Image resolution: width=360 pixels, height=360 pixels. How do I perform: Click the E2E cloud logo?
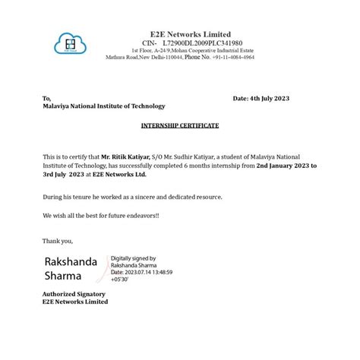click(x=69, y=43)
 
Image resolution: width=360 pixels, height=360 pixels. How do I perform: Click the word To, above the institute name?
click(x=47, y=99)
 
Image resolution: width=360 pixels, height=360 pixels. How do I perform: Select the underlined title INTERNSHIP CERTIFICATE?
click(x=180, y=125)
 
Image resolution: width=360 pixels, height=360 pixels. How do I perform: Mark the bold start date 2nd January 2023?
click(x=283, y=165)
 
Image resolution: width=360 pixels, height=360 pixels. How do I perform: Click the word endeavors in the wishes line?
click(x=137, y=216)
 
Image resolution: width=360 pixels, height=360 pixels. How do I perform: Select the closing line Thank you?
click(x=58, y=241)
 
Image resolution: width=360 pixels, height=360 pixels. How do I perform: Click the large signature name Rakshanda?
click(x=71, y=261)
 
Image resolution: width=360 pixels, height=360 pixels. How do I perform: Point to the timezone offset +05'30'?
click(x=120, y=279)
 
